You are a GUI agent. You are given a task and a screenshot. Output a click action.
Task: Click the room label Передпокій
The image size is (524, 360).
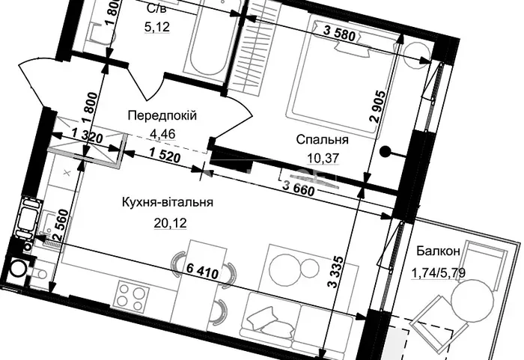coord(162,116)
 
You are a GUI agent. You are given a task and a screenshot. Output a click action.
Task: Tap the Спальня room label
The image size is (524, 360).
coord(322,139)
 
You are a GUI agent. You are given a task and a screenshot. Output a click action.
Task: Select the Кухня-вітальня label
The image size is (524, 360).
coord(168,202)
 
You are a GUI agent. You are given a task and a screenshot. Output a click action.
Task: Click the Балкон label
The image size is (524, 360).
coord(438,251)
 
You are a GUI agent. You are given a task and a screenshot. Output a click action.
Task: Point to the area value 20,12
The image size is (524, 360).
coord(171,222)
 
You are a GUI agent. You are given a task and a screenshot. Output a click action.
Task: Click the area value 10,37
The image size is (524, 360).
coord(323,157)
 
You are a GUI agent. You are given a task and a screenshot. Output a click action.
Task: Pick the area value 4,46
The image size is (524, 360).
coord(162,134)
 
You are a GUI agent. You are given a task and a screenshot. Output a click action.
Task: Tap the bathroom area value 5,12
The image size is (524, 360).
coord(157,27)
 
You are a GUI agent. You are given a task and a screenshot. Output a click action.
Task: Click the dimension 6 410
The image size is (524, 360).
coord(203,270)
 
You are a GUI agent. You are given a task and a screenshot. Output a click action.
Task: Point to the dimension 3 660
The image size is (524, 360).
coord(299,188)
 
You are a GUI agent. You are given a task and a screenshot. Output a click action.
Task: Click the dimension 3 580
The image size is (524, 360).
coord(339,34)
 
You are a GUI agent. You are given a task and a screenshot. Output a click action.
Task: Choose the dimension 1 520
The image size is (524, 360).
coord(165,156)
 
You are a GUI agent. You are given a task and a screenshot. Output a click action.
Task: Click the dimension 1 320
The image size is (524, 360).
coord(87,136)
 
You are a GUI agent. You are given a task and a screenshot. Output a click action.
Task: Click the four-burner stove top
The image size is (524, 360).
coord(130,296)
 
